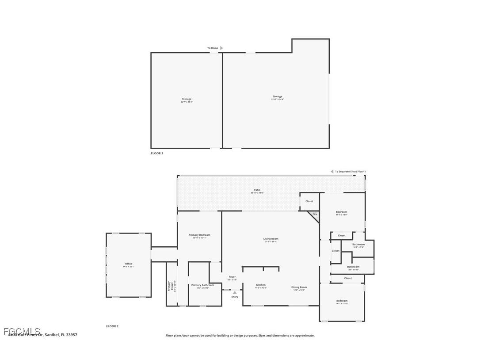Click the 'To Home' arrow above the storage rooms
coord(221,48)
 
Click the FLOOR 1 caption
coord(157,153)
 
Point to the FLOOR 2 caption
coord(112,326)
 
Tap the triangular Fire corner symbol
coord(315,215)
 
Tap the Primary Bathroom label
coord(202,286)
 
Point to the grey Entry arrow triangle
coord(235,292)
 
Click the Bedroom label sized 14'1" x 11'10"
coord(342,302)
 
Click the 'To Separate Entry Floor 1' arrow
coord(332,172)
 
